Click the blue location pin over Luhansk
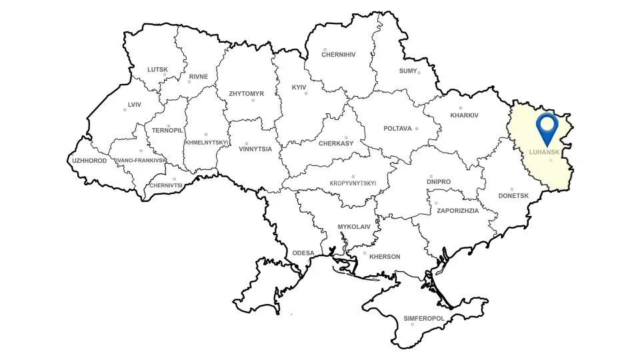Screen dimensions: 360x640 pos(548,127)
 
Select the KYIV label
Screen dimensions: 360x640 pos(299,87)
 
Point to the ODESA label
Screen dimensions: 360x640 pos(303,253)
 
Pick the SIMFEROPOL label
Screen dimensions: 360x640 pos(424,319)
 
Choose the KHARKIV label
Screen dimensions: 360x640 pos(465,115)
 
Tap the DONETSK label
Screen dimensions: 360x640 pos(513,196)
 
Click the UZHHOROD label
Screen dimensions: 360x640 pos(90,161)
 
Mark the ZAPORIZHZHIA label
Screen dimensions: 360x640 pos(458,210)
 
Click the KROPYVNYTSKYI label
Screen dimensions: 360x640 pos(353,183)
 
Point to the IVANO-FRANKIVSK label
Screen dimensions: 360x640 pos(141,161)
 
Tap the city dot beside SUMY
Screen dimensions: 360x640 pos(419,72)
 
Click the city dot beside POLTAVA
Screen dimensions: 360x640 pos(417,129)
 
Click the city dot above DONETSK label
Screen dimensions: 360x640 pos(512,189)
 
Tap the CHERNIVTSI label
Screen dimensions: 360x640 pos(167,185)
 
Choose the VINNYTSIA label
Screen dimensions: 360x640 pos(255,149)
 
